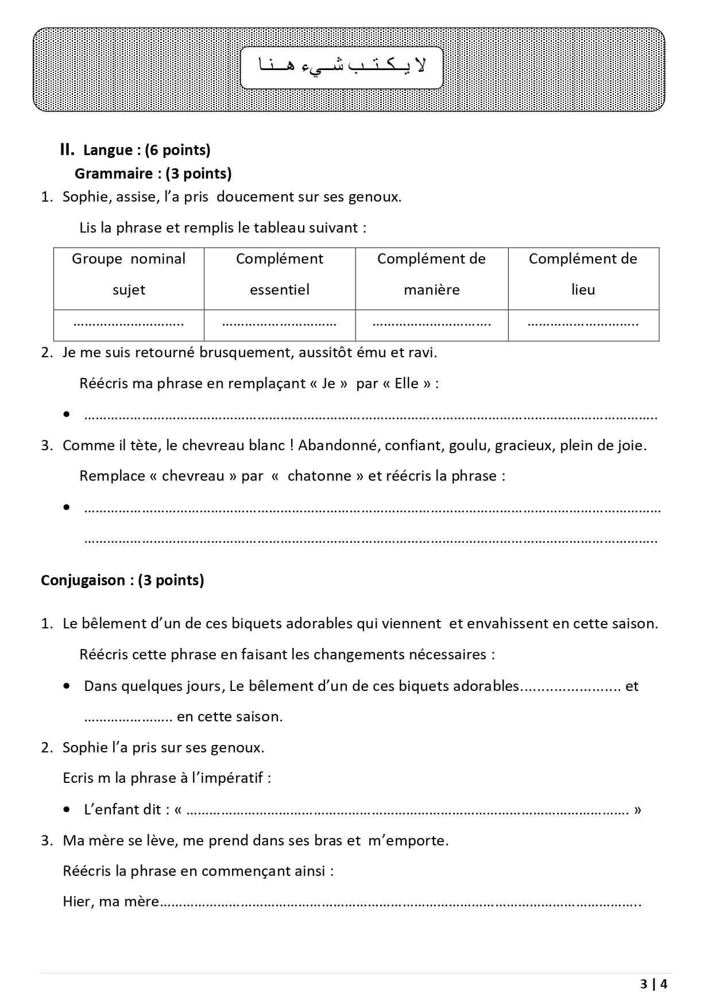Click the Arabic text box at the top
[342, 68]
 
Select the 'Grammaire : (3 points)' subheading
[153, 173]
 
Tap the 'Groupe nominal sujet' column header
[129, 274]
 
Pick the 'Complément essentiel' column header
[280, 274]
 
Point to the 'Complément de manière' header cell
[431, 274]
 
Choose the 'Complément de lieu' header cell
[583, 274]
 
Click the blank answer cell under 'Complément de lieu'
[583, 325]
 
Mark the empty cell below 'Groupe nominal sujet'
[129, 325]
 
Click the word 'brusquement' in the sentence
[246, 352]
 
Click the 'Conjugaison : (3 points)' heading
[122, 580]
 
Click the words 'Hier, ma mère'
[111, 902]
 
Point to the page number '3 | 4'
[654, 984]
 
